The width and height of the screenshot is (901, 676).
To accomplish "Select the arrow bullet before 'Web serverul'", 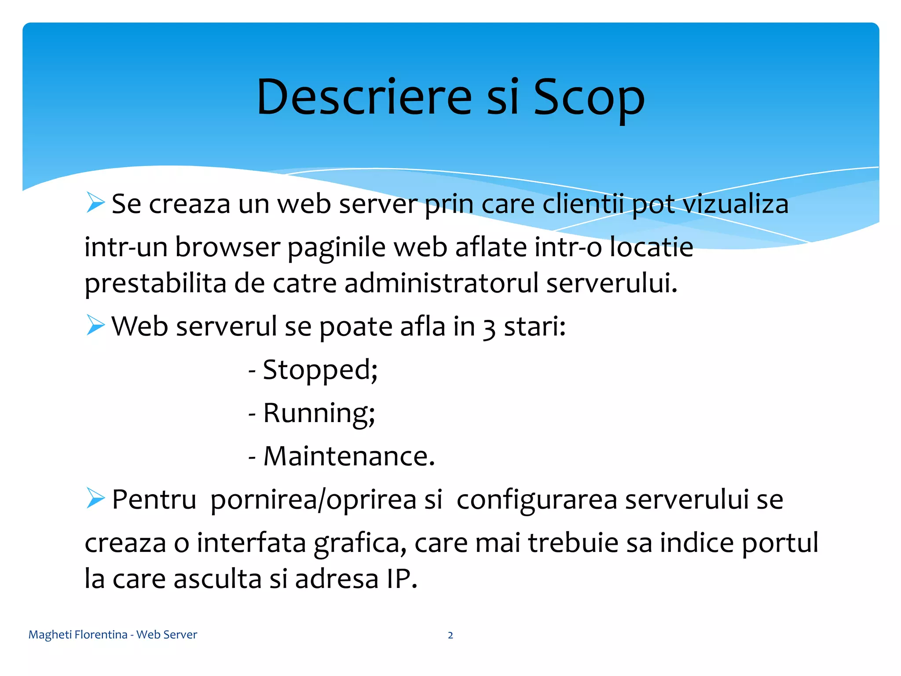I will click(95, 325).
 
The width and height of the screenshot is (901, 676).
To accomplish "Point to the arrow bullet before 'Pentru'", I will click(95, 498).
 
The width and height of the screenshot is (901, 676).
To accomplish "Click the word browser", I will click(227, 247).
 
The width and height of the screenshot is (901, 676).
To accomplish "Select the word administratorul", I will click(441, 283).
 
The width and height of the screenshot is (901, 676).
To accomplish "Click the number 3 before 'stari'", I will click(489, 328).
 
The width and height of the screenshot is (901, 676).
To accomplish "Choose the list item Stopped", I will click(319, 370).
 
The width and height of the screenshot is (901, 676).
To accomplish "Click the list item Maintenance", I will click(348, 456).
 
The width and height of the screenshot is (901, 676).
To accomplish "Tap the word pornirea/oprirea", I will click(326, 500).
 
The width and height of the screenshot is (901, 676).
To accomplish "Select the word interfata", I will click(251, 542).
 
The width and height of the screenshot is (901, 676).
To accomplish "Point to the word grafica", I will click(360, 543).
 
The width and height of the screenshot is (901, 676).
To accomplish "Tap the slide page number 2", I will click(450, 635).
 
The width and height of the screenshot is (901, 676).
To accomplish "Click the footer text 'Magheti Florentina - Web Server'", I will click(113, 635).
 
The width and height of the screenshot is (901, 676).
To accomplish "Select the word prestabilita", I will click(155, 283).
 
